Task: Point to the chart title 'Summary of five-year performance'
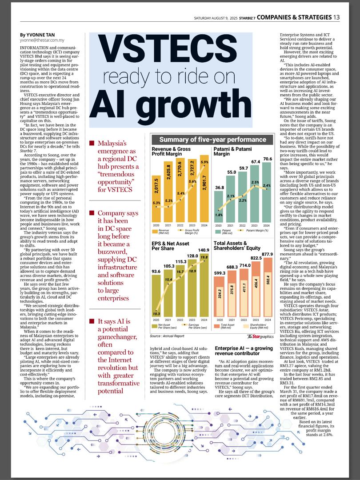click(x=212, y=140)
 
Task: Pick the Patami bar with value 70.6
click(x=267, y=196)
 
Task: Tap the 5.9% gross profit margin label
click(x=204, y=162)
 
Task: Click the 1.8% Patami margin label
click(x=219, y=215)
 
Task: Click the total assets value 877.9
click(x=267, y=254)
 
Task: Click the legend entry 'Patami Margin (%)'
click(x=256, y=231)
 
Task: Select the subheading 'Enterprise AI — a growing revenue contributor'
click(x=244, y=351)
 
